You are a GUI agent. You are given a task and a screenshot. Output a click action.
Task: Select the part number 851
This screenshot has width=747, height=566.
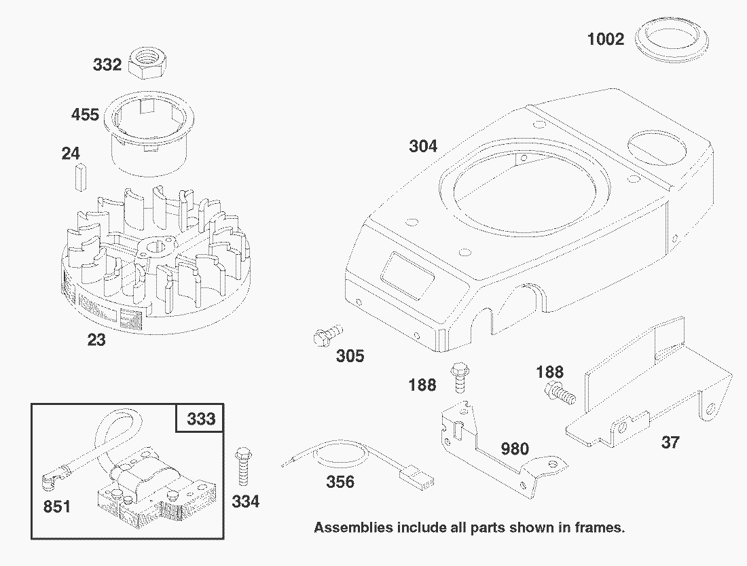56,506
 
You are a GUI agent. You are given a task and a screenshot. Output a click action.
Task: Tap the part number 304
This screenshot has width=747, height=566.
423,145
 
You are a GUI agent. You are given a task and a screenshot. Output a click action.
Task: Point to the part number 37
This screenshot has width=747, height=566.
670,442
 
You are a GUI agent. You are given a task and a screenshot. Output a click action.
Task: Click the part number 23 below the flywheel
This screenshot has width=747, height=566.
96,339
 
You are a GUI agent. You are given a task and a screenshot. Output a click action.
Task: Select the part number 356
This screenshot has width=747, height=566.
340,482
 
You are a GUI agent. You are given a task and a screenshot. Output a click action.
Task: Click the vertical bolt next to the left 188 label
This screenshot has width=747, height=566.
458,377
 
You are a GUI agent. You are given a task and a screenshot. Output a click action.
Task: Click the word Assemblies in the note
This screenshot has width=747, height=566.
353,527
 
